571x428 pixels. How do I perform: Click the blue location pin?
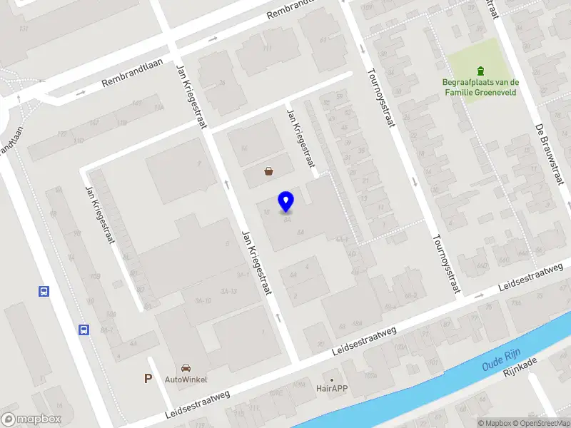(286, 201)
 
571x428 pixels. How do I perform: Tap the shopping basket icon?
(269, 171)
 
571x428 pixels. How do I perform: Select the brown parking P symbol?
(148, 379)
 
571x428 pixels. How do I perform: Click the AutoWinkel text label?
(186, 379)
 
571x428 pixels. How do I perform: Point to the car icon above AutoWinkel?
(186, 368)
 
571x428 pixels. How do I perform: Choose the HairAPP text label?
(332, 389)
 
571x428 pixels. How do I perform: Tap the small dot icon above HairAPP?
(332, 379)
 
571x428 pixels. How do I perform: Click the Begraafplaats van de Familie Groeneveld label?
(480, 86)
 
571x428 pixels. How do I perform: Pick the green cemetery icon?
(480, 70)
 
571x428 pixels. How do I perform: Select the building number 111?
(268, 49)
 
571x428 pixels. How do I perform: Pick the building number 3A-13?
(228, 291)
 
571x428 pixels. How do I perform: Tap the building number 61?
(323, 40)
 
